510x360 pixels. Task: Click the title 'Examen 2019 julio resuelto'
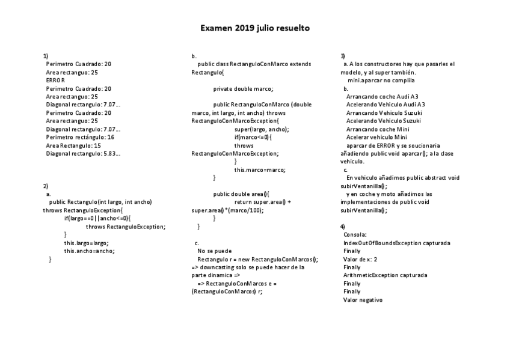click(x=255, y=28)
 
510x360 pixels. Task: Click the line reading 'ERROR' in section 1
click(x=55, y=80)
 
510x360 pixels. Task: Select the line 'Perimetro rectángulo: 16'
click(x=80, y=137)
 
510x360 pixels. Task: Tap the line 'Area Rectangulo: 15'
click(x=73, y=145)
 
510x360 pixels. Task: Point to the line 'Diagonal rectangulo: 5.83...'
click(x=83, y=153)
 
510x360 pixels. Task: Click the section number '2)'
click(x=46, y=186)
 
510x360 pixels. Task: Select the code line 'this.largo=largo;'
click(x=87, y=243)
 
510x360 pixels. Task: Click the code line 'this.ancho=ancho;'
click(x=89, y=251)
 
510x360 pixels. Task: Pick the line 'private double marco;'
click(x=243, y=88)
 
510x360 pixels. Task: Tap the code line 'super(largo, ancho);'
click(x=261, y=129)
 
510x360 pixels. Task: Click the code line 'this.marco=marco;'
click(x=260, y=169)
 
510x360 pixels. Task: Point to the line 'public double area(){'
click(x=242, y=194)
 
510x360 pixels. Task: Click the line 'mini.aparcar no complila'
click(x=381, y=80)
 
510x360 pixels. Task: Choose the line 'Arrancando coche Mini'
click(x=378, y=129)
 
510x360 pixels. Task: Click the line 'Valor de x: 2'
click(x=360, y=259)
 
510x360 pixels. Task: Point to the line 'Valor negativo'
click(x=363, y=300)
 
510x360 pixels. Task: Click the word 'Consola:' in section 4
click(x=355, y=234)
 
